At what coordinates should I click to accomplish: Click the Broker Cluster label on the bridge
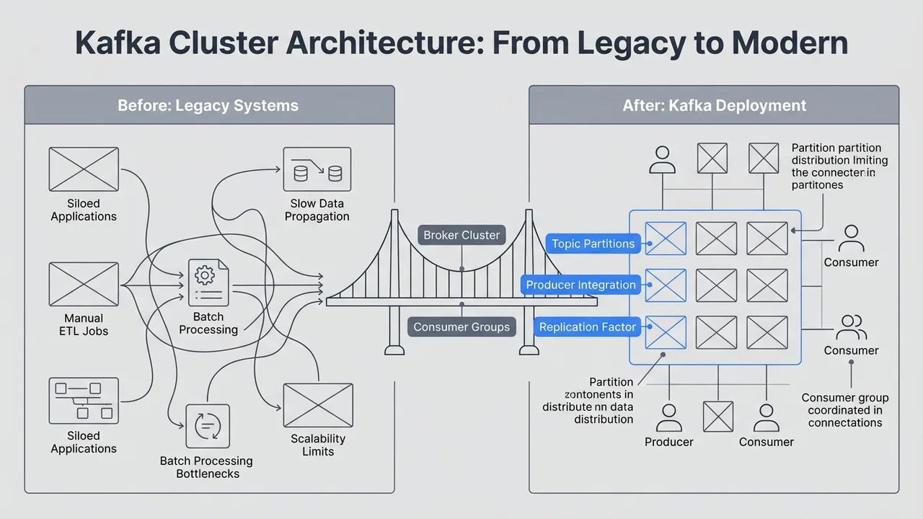tap(461, 235)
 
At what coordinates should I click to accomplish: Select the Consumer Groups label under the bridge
tap(461, 327)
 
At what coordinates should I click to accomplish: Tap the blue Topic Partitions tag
tap(593, 244)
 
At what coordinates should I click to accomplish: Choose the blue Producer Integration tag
tap(580, 285)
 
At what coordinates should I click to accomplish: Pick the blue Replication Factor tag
tap(588, 327)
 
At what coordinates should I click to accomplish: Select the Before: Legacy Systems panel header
tap(208, 105)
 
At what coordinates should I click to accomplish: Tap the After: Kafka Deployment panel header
tap(714, 105)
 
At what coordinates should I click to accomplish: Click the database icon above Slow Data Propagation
tap(317, 169)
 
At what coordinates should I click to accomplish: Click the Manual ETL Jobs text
tap(84, 324)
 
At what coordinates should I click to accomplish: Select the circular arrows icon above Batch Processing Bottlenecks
tap(207, 426)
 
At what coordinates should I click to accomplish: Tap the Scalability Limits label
tap(318, 445)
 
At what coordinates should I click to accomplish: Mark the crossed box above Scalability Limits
tap(318, 405)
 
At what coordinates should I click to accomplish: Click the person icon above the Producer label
tap(669, 417)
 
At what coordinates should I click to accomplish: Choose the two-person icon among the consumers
tap(851, 327)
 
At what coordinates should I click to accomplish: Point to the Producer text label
tap(669, 442)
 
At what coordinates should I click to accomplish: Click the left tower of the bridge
tap(394, 281)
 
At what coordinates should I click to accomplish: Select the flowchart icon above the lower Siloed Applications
tap(84, 401)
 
